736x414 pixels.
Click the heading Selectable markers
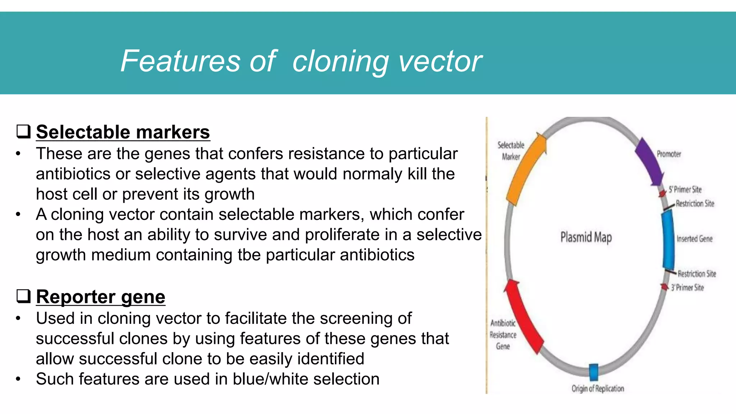click(x=123, y=132)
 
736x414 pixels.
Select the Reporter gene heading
click(x=101, y=297)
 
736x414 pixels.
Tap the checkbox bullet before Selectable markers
click(x=23, y=132)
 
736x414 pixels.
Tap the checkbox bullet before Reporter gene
click(x=23, y=296)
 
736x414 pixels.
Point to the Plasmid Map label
click(x=586, y=238)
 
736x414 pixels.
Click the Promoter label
click(x=668, y=154)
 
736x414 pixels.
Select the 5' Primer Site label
click(x=685, y=189)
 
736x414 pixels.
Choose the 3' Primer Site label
click(x=687, y=287)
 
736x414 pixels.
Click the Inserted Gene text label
click(x=694, y=239)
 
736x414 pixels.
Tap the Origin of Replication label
click(x=598, y=388)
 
